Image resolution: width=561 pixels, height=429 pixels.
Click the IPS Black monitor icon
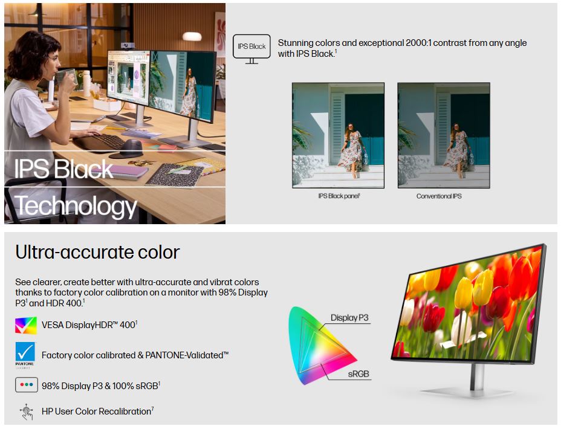(251, 50)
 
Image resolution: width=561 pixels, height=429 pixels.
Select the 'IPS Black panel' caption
(339, 196)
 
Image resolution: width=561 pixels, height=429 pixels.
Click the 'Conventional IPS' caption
(439, 196)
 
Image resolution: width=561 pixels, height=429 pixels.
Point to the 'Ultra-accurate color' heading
(97, 252)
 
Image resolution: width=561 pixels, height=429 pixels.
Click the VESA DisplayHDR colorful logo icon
(26, 325)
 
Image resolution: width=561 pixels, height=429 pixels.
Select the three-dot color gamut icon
(27, 385)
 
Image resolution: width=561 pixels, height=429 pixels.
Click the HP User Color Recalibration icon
(27, 411)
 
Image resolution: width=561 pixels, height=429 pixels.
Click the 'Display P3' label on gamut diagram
(349, 318)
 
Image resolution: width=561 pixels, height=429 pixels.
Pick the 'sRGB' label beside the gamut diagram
(358, 374)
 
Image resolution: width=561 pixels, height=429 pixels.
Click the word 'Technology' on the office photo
(76, 206)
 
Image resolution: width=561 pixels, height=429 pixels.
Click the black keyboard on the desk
(100, 142)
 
